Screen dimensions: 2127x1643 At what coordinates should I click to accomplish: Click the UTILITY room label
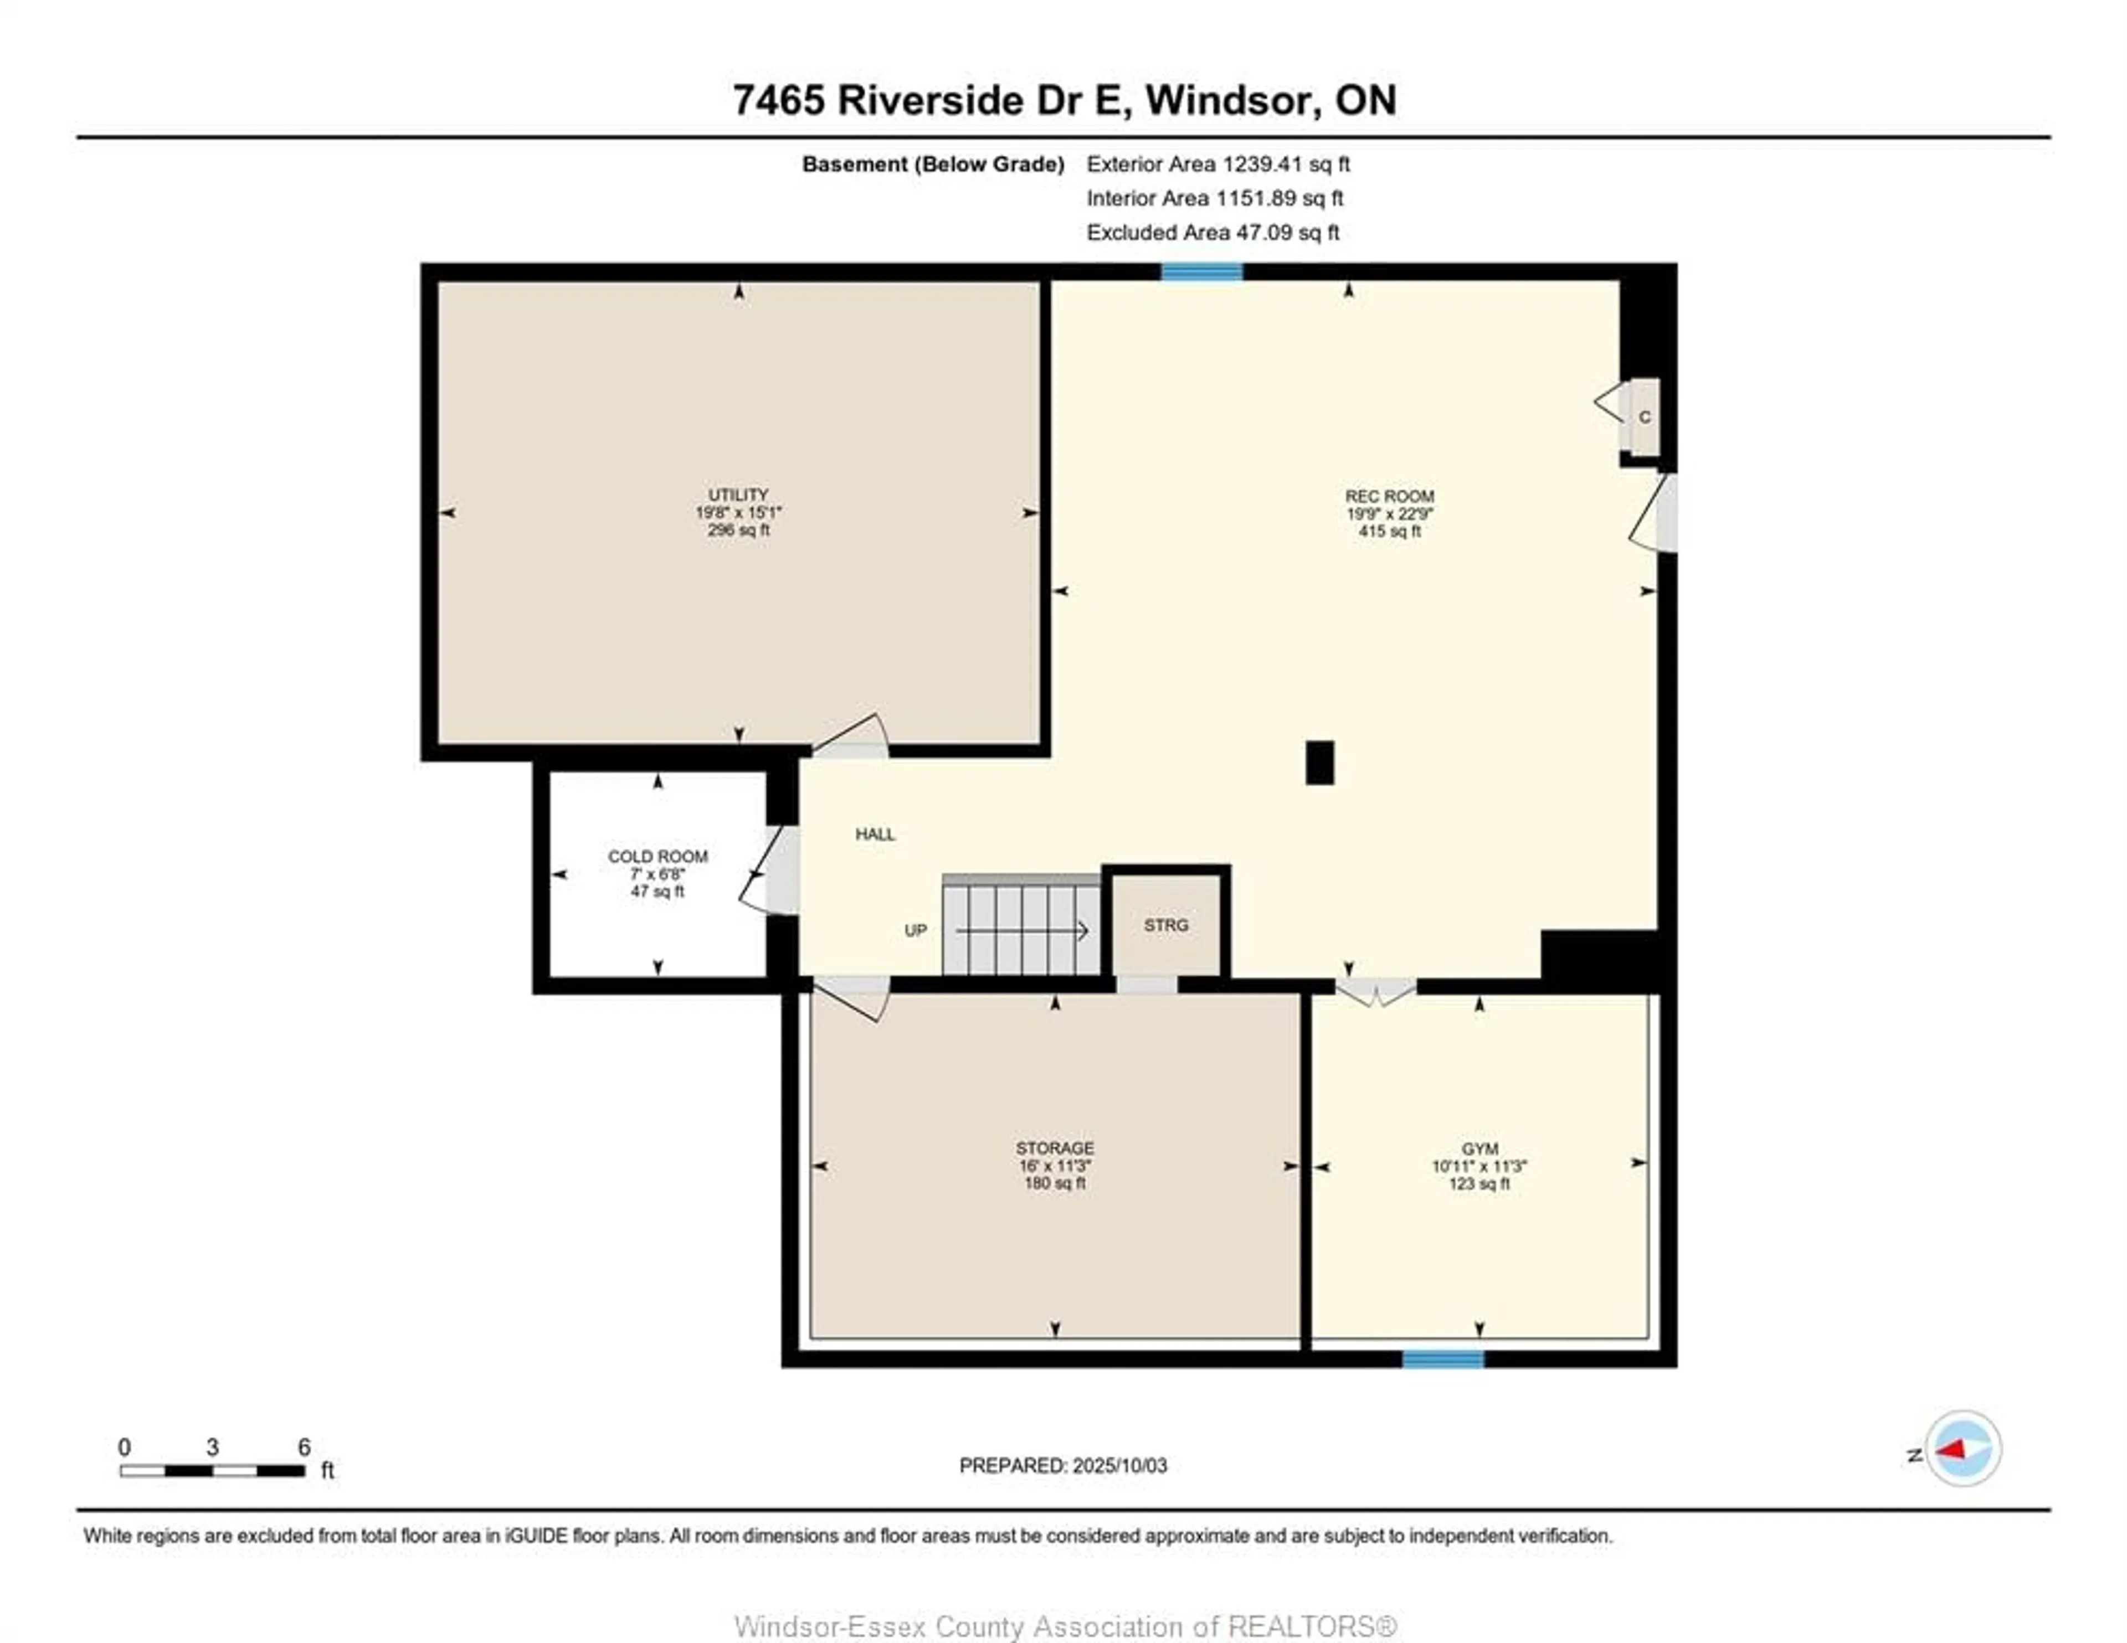(x=738, y=495)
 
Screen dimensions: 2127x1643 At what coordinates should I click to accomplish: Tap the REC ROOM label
(x=1390, y=497)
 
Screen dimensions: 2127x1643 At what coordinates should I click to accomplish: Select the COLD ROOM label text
(x=657, y=856)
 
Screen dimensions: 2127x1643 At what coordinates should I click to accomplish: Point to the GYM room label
(x=1479, y=1149)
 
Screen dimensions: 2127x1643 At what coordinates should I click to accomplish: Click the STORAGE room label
(x=1055, y=1148)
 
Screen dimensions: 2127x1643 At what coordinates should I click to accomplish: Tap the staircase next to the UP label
(x=1021, y=925)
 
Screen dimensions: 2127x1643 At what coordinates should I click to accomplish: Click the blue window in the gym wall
(x=1442, y=1358)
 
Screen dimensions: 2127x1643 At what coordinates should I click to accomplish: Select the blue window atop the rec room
(x=1202, y=272)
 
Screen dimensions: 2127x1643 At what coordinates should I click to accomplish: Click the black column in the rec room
(x=1319, y=763)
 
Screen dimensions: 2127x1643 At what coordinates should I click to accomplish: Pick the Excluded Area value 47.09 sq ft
(x=1287, y=233)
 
